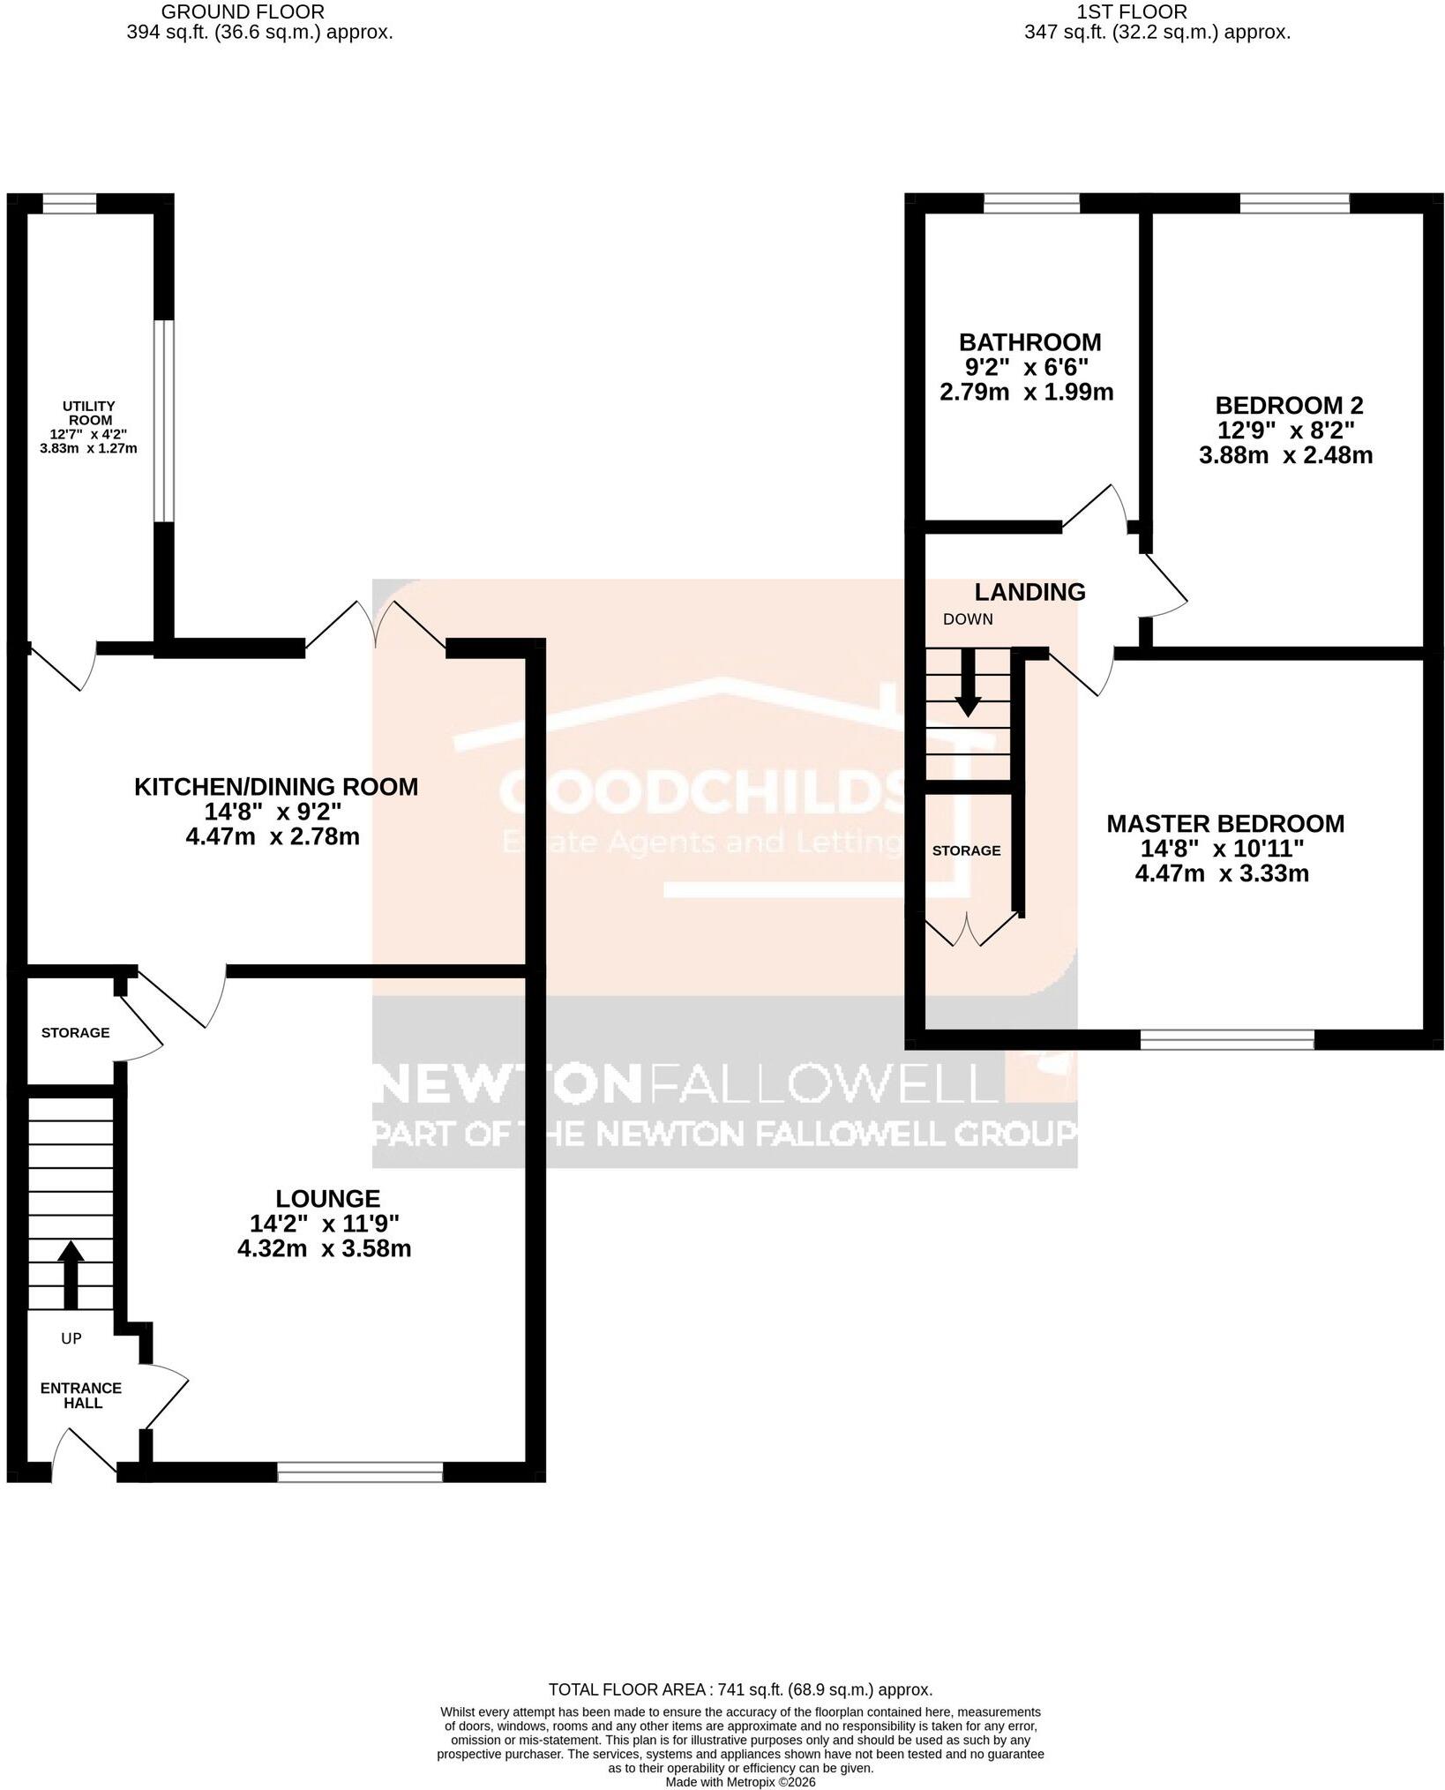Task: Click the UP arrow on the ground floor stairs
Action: pyautogui.click(x=70, y=1276)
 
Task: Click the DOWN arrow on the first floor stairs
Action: pyautogui.click(x=968, y=683)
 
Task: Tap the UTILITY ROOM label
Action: pyautogui.click(x=88, y=413)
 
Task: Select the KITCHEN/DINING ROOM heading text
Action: pyautogui.click(x=276, y=787)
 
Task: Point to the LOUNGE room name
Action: pyautogui.click(x=328, y=1198)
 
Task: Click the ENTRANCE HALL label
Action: pyautogui.click(x=81, y=1395)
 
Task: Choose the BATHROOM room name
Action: pyautogui.click(x=1030, y=341)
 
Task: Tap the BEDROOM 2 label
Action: pyautogui.click(x=1289, y=405)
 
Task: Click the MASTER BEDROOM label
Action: pyautogui.click(x=1225, y=823)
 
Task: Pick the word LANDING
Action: pyautogui.click(x=1029, y=591)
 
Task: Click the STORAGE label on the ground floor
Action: pyautogui.click(x=76, y=1032)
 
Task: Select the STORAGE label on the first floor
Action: pyautogui.click(x=967, y=850)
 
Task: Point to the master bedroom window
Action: pyautogui.click(x=1227, y=1041)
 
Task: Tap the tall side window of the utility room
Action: pyautogui.click(x=164, y=420)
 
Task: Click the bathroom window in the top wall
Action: pyautogui.click(x=1031, y=204)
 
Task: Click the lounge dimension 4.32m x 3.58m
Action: pyautogui.click(x=325, y=1248)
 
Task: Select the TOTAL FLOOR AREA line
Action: pyautogui.click(x=740, y=1689)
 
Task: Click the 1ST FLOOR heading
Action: pyautogui.click(x=1132, y=11)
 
